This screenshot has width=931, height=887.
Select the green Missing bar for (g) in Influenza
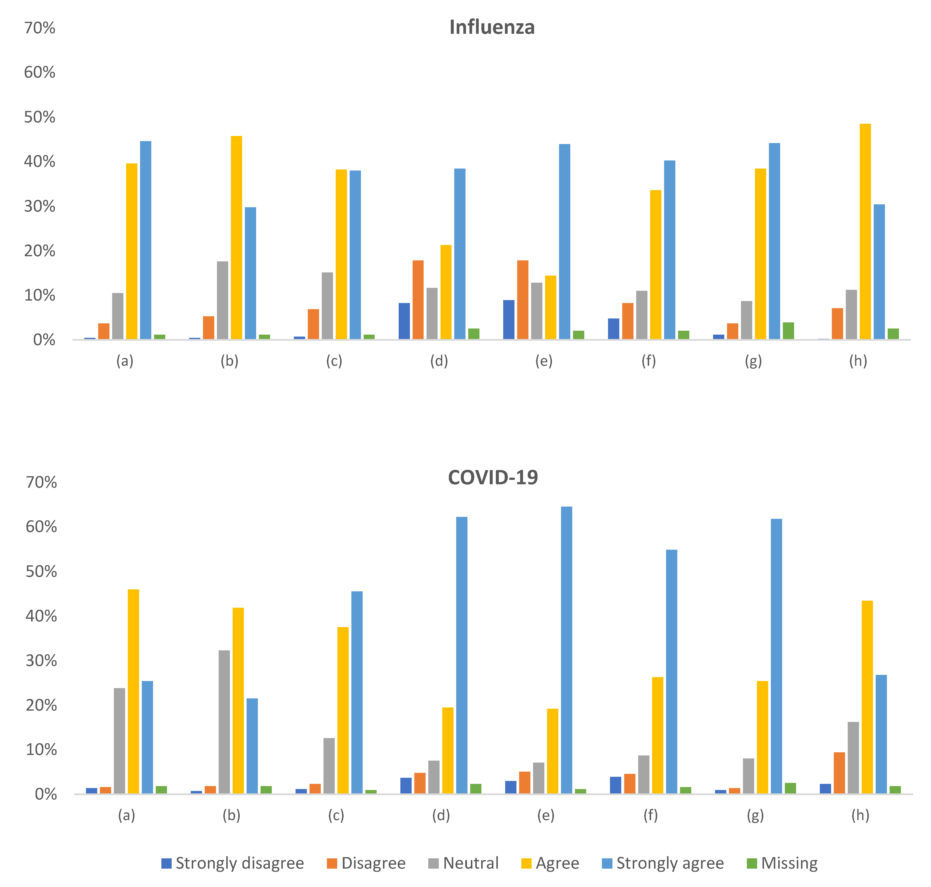point(788,331)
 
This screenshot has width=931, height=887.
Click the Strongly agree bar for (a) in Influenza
point(145,240)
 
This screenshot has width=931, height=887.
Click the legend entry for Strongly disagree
point(233,863)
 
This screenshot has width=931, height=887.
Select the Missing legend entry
point(782,863)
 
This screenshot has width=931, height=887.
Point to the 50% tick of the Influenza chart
point(40,117)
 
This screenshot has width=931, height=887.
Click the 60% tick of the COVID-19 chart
point(41,527)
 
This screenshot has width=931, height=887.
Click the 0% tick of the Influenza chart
point(44,340)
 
